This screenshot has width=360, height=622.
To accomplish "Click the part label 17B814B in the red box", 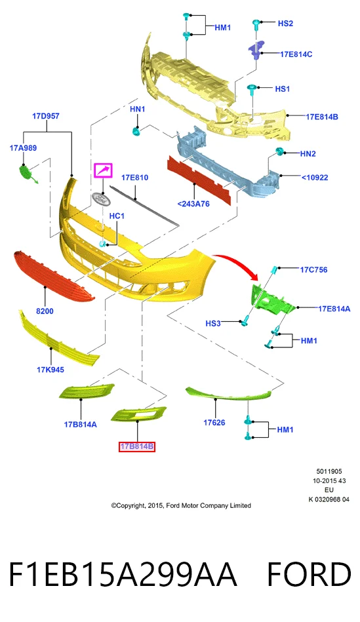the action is pos(137,446).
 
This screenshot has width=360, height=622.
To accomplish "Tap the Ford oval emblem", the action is pos(101,199).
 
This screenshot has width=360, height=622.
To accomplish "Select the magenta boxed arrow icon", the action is pos(103,170).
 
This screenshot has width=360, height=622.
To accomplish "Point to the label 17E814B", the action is pos(321,117).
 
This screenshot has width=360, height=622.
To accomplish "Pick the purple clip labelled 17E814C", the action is pos(256,49).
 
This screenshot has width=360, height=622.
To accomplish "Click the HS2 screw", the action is pos(256,25).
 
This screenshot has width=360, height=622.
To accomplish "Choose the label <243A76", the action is pos(193,204).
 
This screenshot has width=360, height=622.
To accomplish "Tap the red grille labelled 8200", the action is pos(54,276).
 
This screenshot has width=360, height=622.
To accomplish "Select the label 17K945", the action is pos(50,370).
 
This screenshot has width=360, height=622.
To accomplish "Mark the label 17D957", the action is pos(46,116).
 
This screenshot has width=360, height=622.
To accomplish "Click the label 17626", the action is pos(214,423).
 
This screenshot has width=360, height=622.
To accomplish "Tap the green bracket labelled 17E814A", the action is pos(272,298).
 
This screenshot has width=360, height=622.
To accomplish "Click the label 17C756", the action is pos(313,270).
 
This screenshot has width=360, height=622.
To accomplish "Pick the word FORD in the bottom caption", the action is pos(310,574).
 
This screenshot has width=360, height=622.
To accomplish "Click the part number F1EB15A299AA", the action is pos(123,574).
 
